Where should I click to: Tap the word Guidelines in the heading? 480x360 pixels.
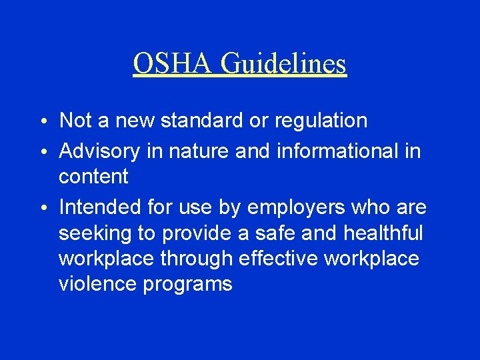point(283,64)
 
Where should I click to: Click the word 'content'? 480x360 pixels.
point(94,177)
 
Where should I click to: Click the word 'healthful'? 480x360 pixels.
point(383,233)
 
